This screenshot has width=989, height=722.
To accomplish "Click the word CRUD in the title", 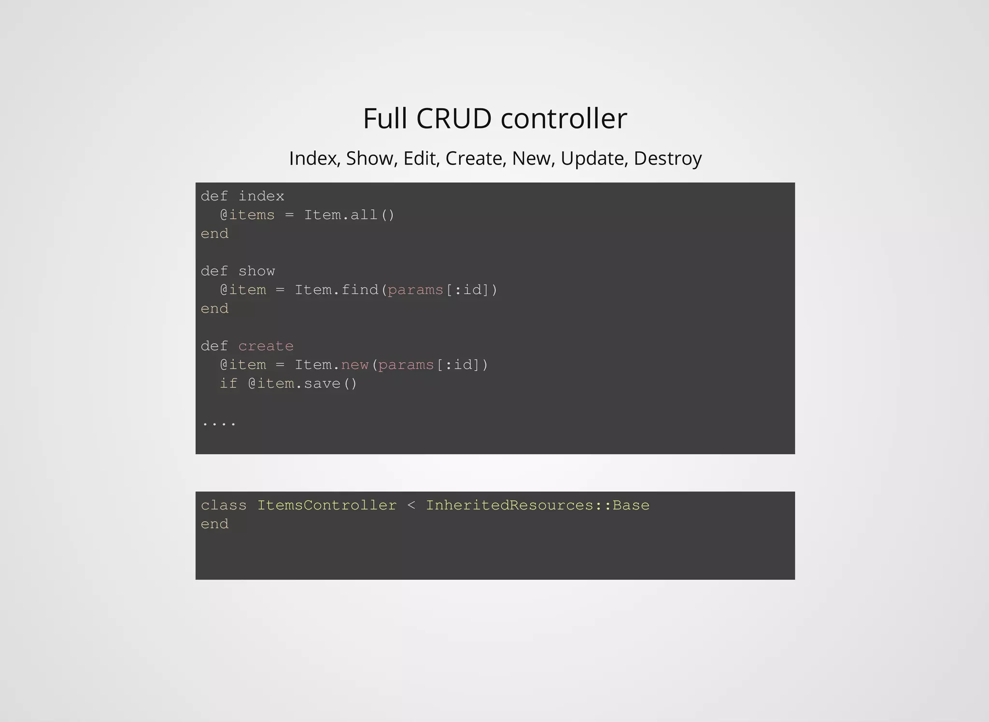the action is (453, 118).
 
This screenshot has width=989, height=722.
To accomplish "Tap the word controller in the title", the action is (564, 118).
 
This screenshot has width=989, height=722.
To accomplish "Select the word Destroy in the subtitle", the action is (667, 158).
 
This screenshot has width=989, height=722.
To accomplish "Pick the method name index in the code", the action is (261, 196).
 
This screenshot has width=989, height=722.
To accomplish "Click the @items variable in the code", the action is (247, 215).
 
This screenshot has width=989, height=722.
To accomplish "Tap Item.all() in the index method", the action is (349, 215).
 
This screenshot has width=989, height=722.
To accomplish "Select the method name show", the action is (256, 271).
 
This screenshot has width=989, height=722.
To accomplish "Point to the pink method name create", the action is (266, 346).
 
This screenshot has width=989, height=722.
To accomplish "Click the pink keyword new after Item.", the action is (355, 365).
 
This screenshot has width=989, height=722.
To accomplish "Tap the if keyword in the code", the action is (228, 383).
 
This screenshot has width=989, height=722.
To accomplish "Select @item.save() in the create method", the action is (303, 383).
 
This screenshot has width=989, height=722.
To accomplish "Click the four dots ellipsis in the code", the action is (219, 424).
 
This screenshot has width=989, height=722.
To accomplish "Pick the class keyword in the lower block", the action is (224, 505).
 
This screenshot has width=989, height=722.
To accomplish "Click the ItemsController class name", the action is (326, 505).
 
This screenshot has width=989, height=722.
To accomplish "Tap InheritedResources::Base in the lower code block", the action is (537, 505).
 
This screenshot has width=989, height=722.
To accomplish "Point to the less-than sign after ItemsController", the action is (411, 506).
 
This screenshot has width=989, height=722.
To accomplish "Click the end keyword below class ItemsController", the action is (214, 524).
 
